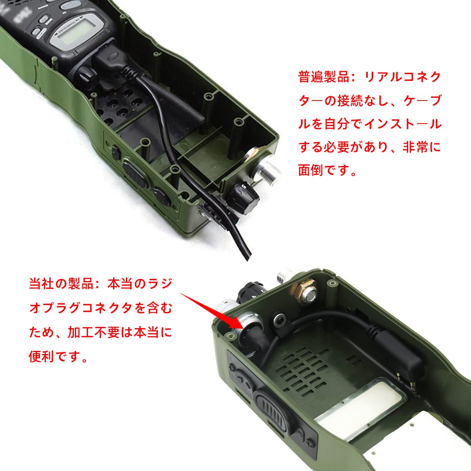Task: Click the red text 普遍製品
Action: click(323, 77)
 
